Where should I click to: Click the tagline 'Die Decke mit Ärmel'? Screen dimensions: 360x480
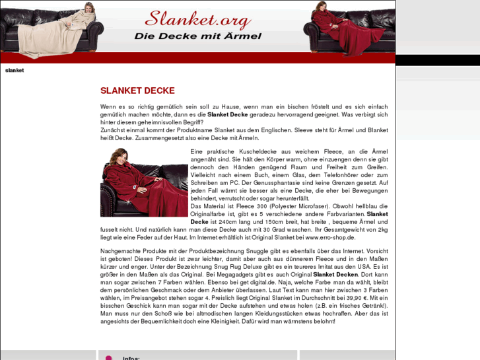197,36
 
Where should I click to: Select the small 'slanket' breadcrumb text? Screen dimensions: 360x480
15,70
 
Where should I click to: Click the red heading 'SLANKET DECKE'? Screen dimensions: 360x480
137,90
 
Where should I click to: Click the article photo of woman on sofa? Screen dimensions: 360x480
144,182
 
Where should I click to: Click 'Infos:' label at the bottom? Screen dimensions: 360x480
131,358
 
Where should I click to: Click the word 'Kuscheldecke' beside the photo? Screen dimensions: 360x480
251,151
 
